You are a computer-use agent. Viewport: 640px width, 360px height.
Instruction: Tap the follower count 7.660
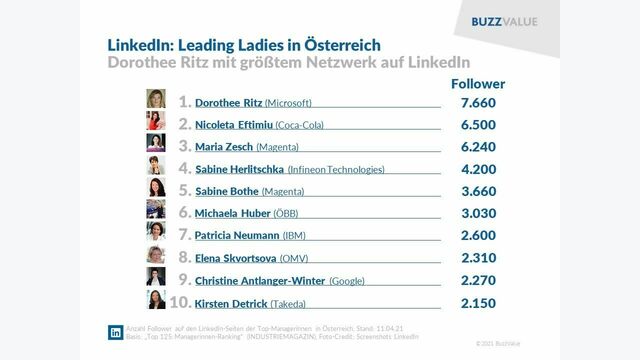(478, 102)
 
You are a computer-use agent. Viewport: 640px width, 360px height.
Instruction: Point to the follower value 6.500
(478, 124)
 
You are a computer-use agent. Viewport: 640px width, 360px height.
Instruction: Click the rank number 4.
(184, 168)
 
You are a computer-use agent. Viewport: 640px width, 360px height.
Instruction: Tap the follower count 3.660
(478, 190)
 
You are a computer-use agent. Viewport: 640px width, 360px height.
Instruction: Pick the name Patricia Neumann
(238, 234)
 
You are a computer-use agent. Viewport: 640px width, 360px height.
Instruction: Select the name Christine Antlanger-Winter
(259, 280)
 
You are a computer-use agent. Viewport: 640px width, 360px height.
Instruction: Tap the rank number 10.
(180, 301)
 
